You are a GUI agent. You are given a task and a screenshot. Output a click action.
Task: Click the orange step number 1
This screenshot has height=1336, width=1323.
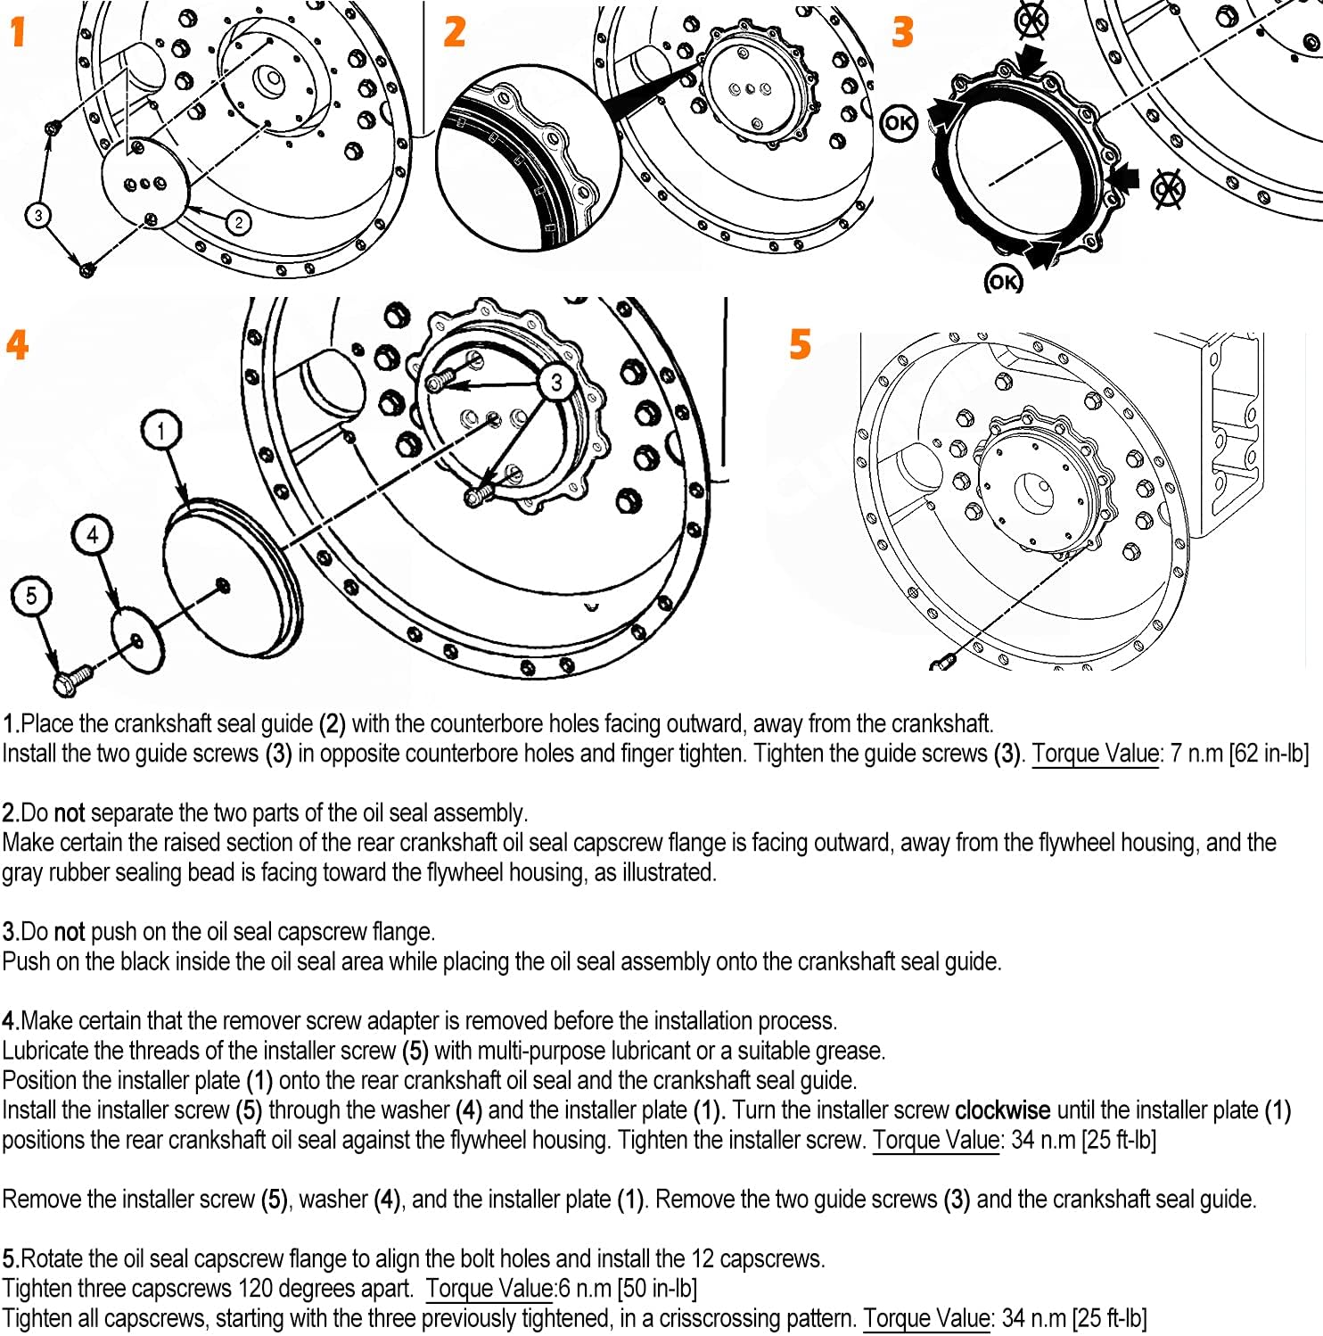tap(18, 32)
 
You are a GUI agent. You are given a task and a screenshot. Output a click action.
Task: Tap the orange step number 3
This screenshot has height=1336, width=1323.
tap(902, 32)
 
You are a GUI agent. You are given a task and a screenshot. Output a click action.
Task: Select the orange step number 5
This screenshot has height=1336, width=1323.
tap(800, 344)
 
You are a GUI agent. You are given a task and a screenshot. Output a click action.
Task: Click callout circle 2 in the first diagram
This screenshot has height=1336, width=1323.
tap(238, 222)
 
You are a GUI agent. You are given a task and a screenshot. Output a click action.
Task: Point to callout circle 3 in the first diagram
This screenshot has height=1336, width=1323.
tap(37, 215)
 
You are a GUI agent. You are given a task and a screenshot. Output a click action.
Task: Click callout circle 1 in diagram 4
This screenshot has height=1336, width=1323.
tap(160, 431)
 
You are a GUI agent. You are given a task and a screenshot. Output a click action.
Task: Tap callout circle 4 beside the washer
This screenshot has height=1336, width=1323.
tap(93, 534)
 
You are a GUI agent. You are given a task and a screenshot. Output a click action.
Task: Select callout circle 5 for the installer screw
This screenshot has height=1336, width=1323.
tap(31, 596)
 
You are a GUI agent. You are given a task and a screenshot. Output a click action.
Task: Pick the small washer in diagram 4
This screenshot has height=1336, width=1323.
tap(138, 639)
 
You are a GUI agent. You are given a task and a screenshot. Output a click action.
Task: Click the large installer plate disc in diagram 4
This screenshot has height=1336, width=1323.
tap(230, 580)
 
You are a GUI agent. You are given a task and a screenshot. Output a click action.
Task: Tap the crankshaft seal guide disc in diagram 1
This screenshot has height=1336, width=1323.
tap(145, 183)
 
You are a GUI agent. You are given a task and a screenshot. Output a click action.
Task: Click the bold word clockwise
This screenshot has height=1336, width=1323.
tap(1002, 1110)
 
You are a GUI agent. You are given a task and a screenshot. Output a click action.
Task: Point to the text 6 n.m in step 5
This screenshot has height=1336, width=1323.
tap(586, 1289)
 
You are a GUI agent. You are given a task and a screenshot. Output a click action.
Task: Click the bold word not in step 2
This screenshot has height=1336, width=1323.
tap(70, 813)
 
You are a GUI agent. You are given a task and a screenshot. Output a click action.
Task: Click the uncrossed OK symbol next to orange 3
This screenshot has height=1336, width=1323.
tap(899, 122)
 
